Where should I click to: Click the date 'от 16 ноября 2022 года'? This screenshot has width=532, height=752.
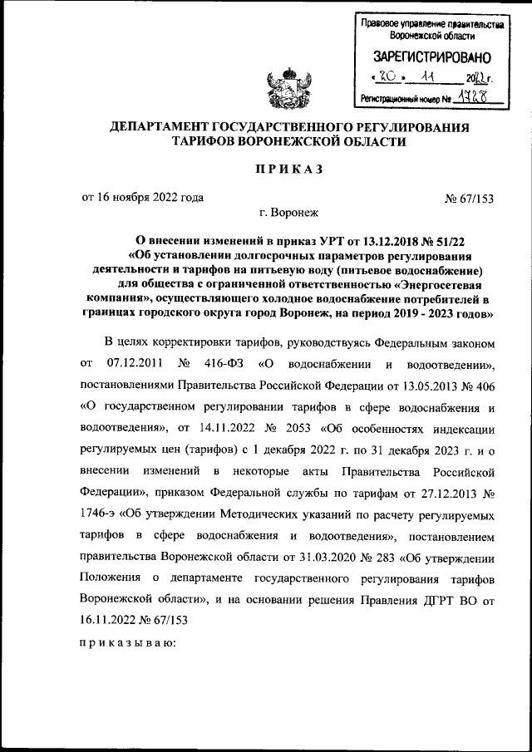tap(142, 198)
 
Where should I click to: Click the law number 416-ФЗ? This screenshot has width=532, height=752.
tap(225, 363)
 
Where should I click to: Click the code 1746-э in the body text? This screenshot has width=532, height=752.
tap(102, 515)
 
